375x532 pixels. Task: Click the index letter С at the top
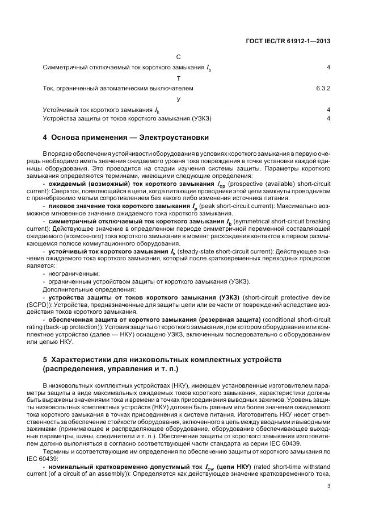(x=179, y=57)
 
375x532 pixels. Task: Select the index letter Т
(x=179, y=78)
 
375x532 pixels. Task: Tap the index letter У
(x=179, y=99)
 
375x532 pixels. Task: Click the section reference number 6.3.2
(x=323, y=89)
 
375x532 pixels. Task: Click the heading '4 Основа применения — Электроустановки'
(x=126, y=138)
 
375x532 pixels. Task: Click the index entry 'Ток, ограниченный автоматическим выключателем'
(x=118, y=89)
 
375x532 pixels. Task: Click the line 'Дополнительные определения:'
(x=83, y=288)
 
